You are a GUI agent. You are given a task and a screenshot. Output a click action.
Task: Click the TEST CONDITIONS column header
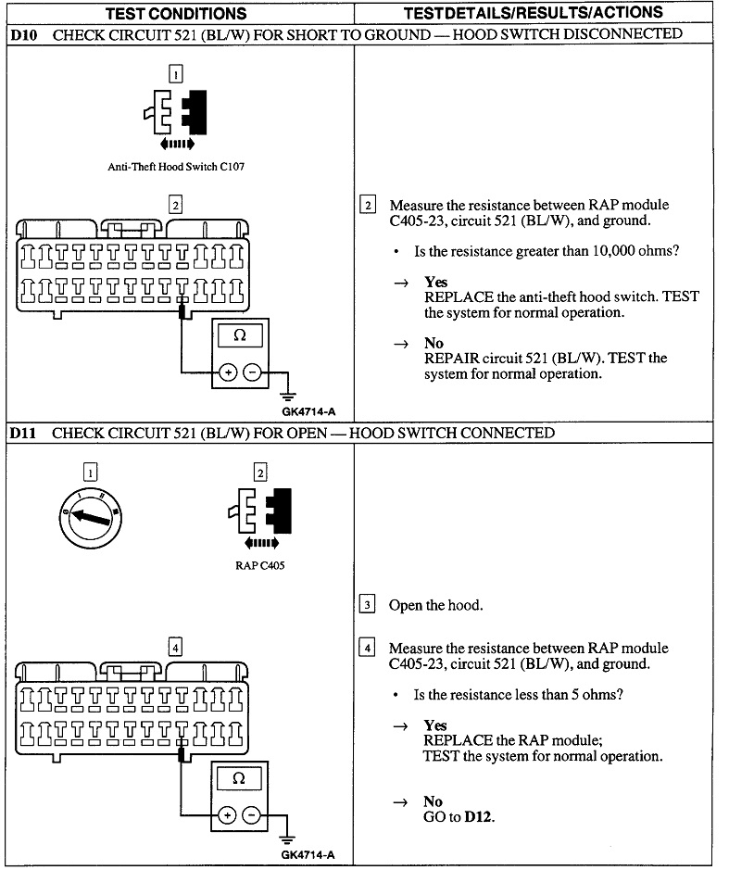click(x=176, y=13)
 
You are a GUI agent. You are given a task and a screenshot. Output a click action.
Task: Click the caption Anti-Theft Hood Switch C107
click(x=176, y=168)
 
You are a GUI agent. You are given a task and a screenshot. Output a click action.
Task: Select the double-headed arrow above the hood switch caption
click(x=176, y=145)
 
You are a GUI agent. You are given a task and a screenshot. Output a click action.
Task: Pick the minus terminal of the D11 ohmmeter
click(x=251, y=815)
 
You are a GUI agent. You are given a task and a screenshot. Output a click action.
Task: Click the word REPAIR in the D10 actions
click(x=451, y=358)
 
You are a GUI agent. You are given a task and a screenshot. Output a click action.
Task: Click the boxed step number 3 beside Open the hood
click(x=367, y=605)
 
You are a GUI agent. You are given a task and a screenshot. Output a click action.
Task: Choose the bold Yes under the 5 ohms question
click(x=435, y=725)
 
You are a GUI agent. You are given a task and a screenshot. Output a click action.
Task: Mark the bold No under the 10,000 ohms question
click(x=433, y=344)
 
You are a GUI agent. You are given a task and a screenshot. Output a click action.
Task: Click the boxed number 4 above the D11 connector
click(x=175, y=648)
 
